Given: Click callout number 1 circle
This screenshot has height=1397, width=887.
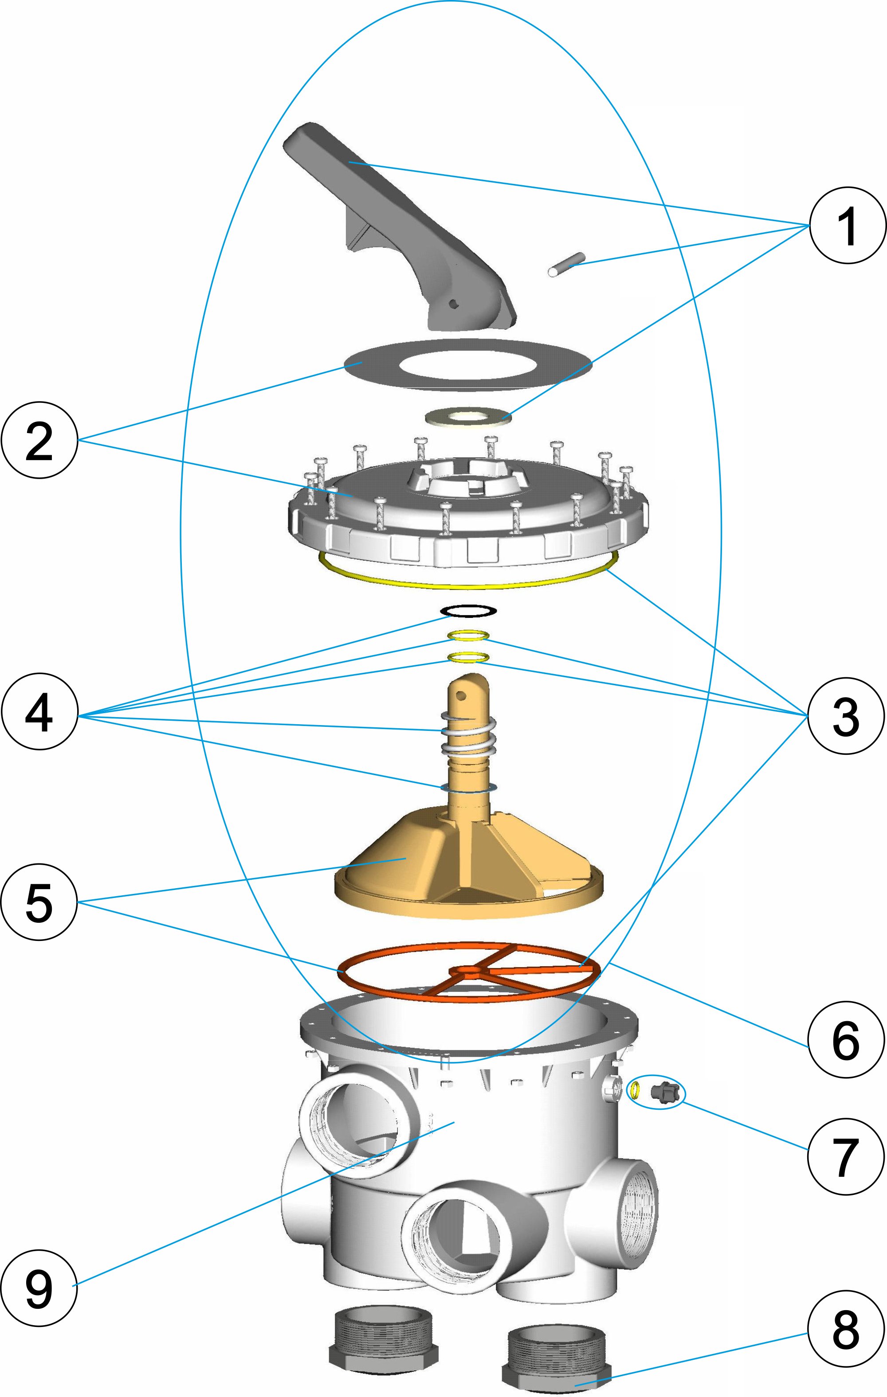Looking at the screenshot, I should (x=848, y=225).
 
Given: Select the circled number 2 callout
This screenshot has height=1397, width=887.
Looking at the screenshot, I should (x=39, y=441).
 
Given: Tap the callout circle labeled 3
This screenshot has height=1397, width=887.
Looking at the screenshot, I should (x=846, y=716).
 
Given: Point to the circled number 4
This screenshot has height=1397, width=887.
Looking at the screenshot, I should (x=39, y=712).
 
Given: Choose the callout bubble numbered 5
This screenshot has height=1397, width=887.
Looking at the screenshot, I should (x=39, y=902).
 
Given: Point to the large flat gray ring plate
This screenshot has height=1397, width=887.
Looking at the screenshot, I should (x=372, y=366).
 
